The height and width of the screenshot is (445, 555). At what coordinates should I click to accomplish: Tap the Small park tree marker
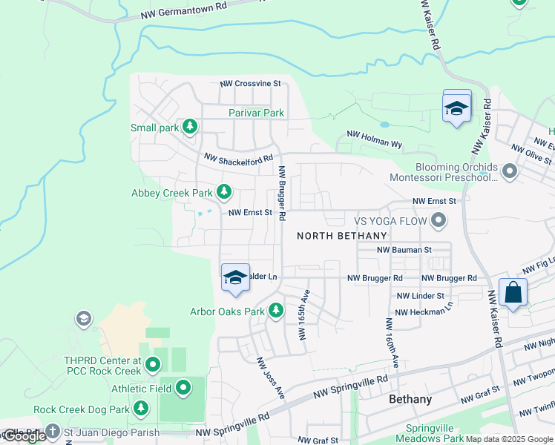click(190, 127)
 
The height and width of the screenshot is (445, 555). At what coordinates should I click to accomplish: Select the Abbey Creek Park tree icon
click(223, 193)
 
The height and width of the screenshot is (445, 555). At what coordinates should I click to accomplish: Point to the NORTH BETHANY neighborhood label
click(342, 236)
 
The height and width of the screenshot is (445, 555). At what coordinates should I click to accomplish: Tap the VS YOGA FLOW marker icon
click(439, 220)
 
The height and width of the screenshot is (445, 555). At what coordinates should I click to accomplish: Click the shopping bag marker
click(513, 292)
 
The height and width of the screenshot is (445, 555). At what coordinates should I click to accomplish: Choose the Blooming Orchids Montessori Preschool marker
click(509, 172)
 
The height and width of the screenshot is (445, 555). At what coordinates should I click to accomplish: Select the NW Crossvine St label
click(249, 84)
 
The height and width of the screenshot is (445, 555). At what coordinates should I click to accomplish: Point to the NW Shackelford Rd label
click(238, 158)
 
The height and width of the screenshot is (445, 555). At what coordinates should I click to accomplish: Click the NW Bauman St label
click(404, 250)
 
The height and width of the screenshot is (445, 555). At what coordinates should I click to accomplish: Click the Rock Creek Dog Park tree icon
click(141, 409)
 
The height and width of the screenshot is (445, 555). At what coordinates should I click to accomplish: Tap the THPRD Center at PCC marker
click(153, 365)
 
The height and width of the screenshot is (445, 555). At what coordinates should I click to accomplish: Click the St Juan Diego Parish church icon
click(52, 430)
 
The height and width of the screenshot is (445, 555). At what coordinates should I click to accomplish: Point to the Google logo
click(24, 436)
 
